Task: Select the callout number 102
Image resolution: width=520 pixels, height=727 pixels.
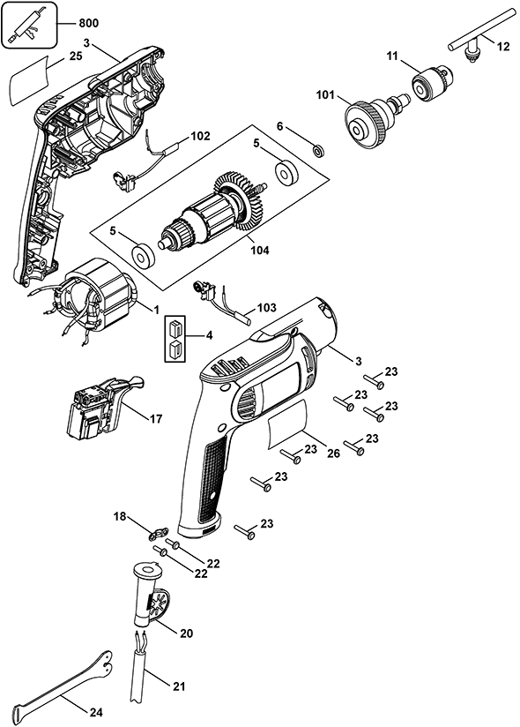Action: pyautogui.click(x=200, y=136)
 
